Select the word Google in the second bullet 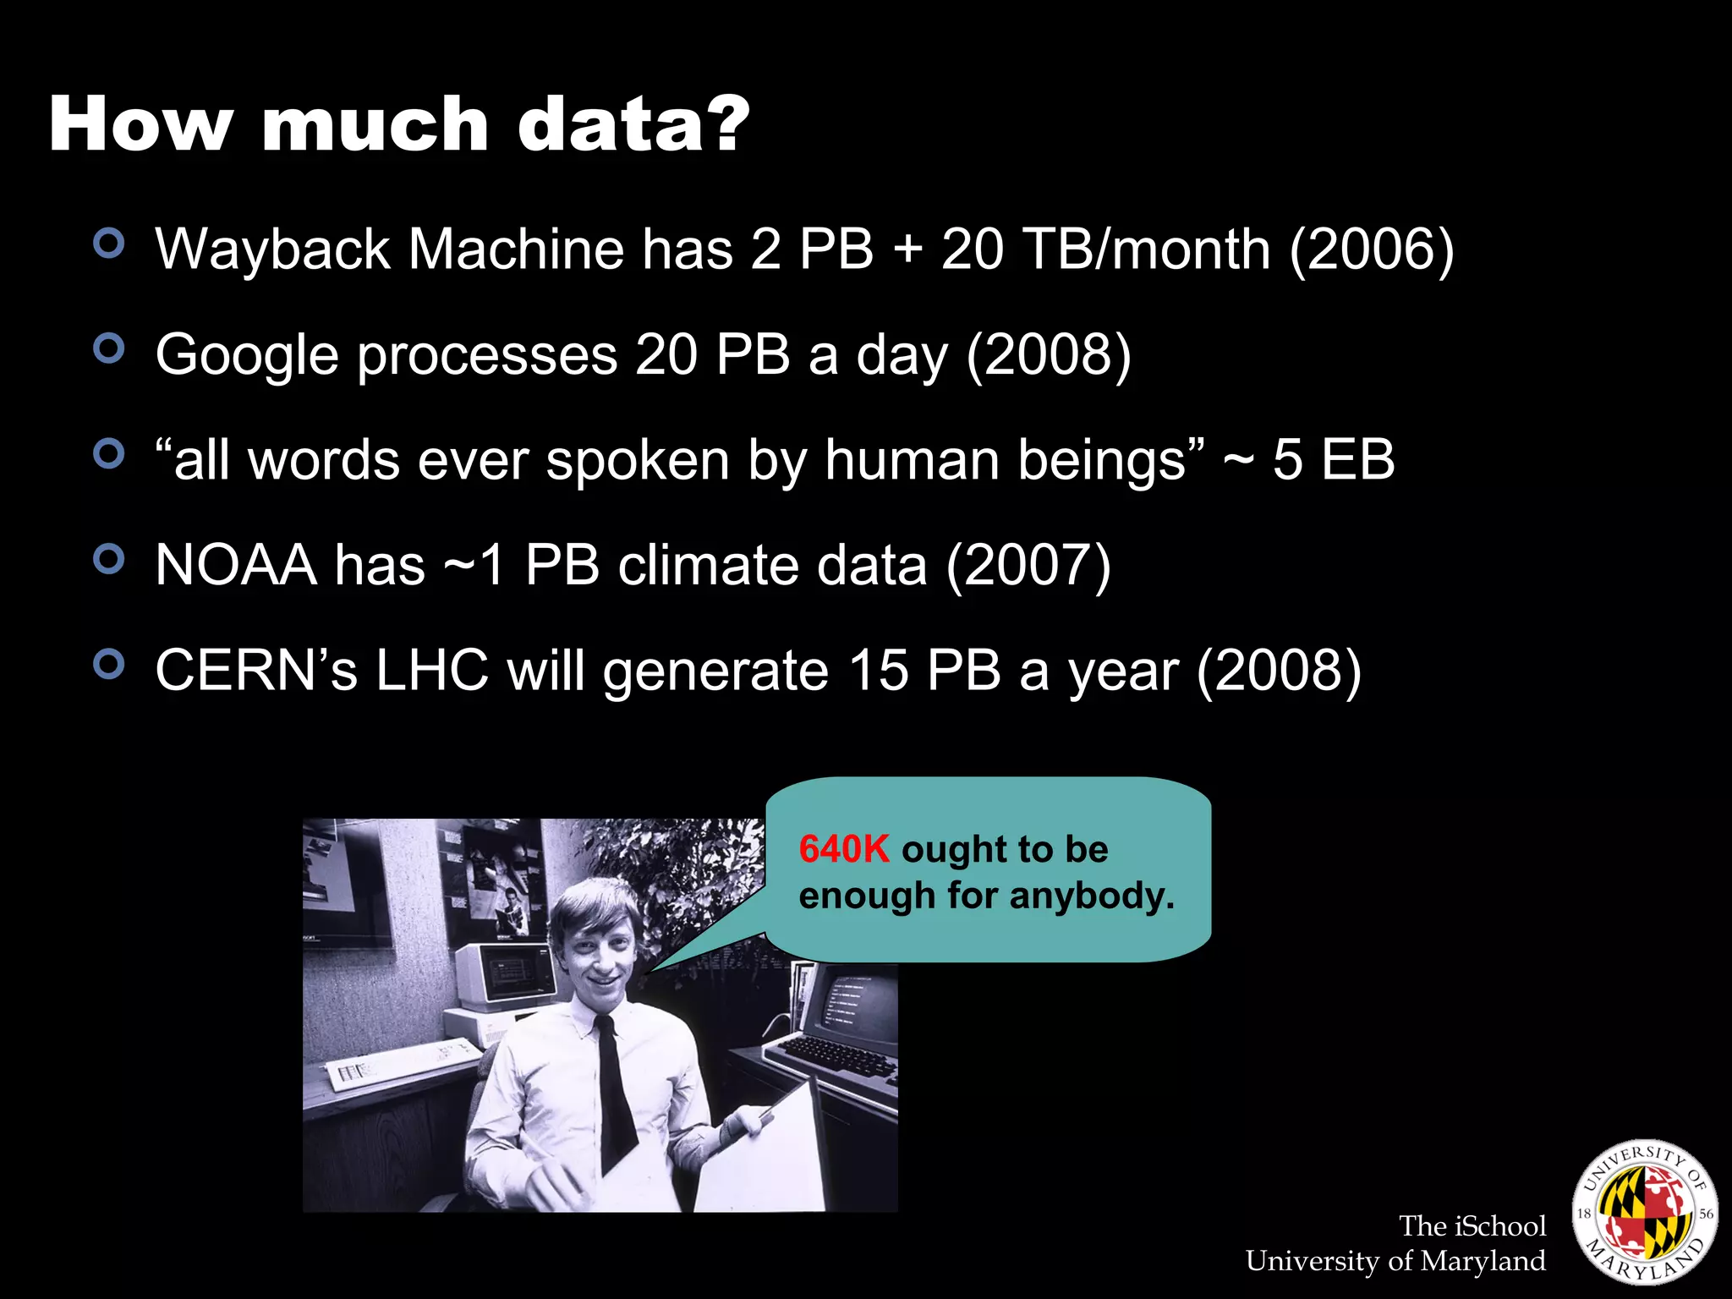(x=247, y=355)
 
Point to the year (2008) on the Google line (x=1048, y=354)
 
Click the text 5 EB (x=1334, y=460)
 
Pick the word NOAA (x=236, y=565)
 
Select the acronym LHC (x=432, y=671)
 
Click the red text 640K (x=844, y=849)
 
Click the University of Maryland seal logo (x=1644, y=1211)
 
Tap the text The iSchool (x=1472, y=1225)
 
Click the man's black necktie (x=615, y=1091)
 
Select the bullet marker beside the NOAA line (x=109, y=559)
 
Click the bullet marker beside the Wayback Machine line (x=109, y=243)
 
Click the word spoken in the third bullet (x=638, y=461)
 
